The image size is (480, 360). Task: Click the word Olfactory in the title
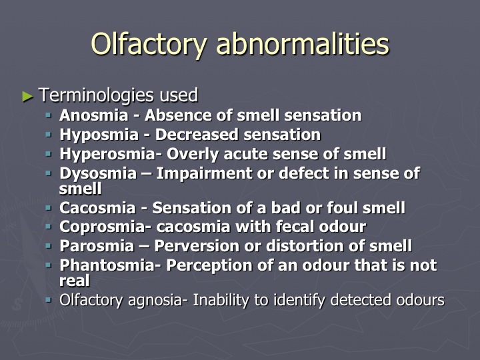(x=149, y=44)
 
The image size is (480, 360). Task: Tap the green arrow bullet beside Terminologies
(x=27, y=97)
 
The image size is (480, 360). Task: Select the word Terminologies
(x=97, y=95)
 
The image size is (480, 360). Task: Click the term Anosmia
(x=94, y=115)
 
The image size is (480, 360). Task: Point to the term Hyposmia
(x=99, y=135)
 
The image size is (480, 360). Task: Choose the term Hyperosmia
(x=108, y=154)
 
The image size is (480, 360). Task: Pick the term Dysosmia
(x=98, y=173)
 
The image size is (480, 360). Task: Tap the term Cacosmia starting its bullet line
(x=97, y=208)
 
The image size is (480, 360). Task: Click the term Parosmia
(x=97, y=246)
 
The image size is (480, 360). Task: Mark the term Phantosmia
(x=108, y=265)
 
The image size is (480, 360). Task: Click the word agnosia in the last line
(x=155, y=300)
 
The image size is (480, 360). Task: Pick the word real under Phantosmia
(x=75, y=281)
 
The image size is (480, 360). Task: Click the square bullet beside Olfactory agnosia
(x=49, y=300)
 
